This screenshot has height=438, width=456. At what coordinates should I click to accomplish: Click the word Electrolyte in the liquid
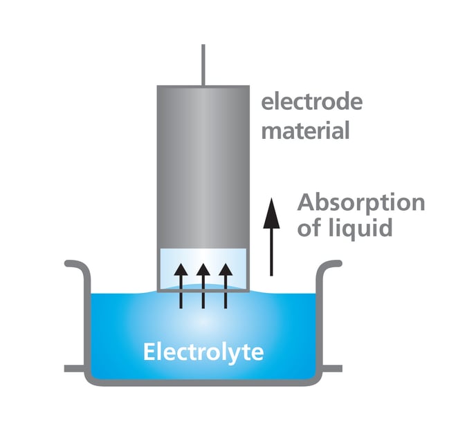203,352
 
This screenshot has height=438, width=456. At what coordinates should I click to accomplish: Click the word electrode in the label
311,103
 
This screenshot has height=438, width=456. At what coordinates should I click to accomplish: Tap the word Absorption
361,203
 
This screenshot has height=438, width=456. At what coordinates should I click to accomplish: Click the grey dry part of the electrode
203,166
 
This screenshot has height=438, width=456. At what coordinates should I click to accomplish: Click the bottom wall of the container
203,382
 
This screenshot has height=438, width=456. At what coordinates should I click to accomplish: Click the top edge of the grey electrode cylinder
203,86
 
